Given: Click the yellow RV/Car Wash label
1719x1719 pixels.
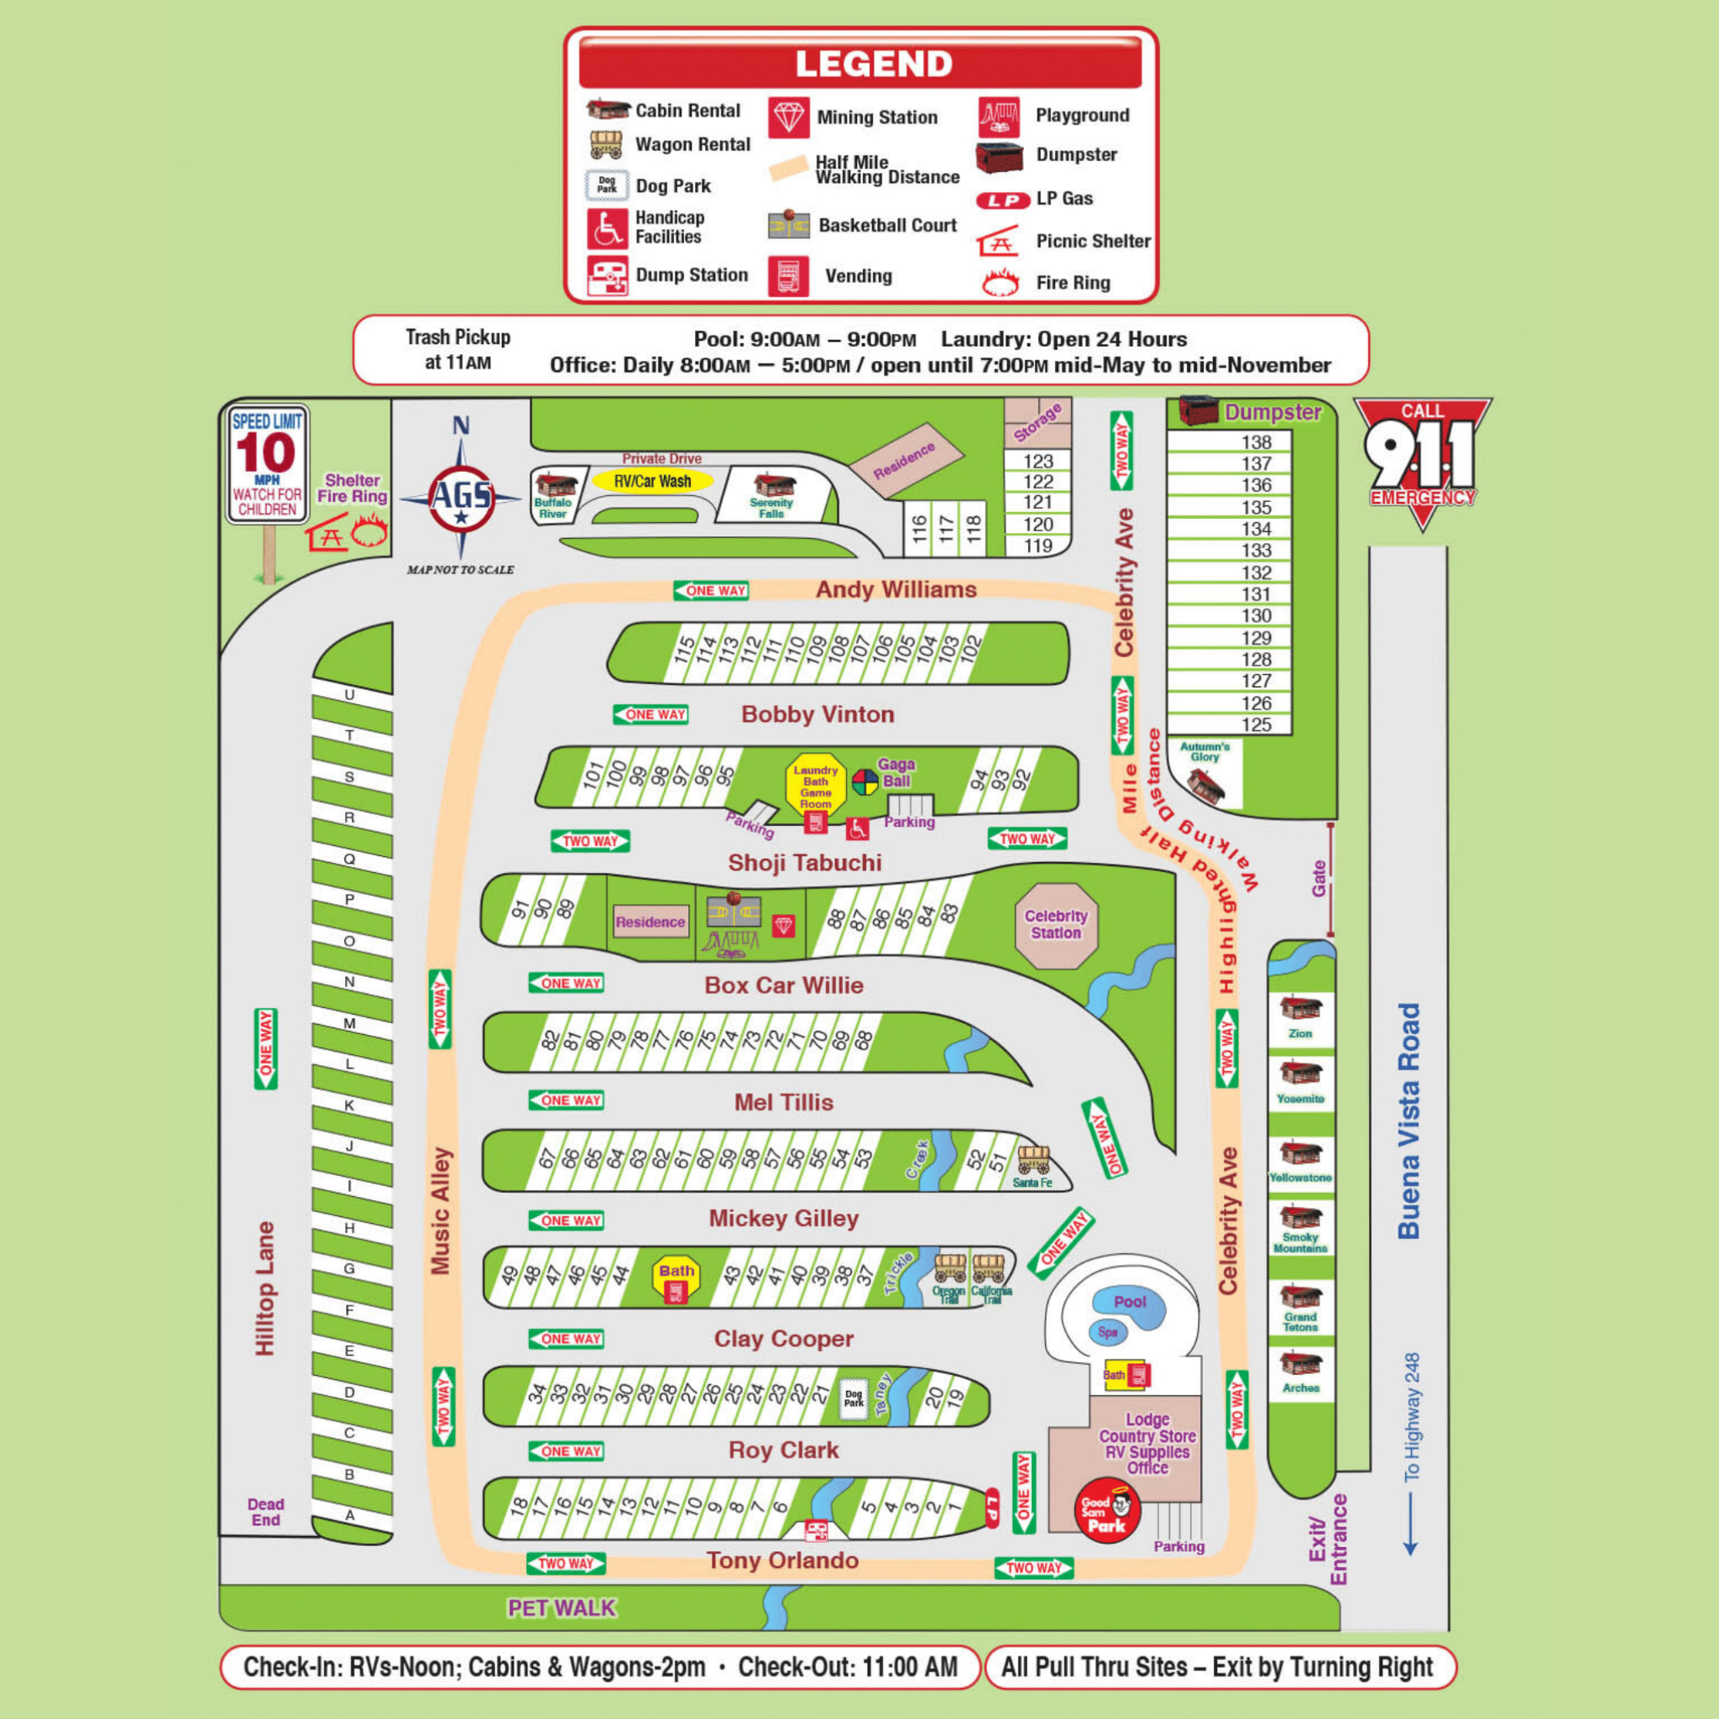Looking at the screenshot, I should pos(653,481).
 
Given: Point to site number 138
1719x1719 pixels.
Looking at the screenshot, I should pos(1257,442).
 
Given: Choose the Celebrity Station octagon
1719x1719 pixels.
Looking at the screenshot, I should pos(1056,924).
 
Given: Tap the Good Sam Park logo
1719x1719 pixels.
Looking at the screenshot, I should pos(1107,1510).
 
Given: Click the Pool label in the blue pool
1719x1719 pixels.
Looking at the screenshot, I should pos(1130,1302).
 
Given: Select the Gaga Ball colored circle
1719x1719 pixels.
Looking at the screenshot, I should pos(865,782).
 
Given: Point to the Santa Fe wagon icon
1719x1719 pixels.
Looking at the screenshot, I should pos(1033,1160).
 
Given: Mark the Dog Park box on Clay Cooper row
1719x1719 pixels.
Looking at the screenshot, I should pos(854,1398).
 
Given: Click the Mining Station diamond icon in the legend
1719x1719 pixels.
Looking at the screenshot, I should pos(788,118).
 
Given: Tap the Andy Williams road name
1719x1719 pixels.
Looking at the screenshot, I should pos(896,589).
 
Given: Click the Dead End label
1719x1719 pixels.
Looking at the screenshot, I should pos(265,1512).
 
